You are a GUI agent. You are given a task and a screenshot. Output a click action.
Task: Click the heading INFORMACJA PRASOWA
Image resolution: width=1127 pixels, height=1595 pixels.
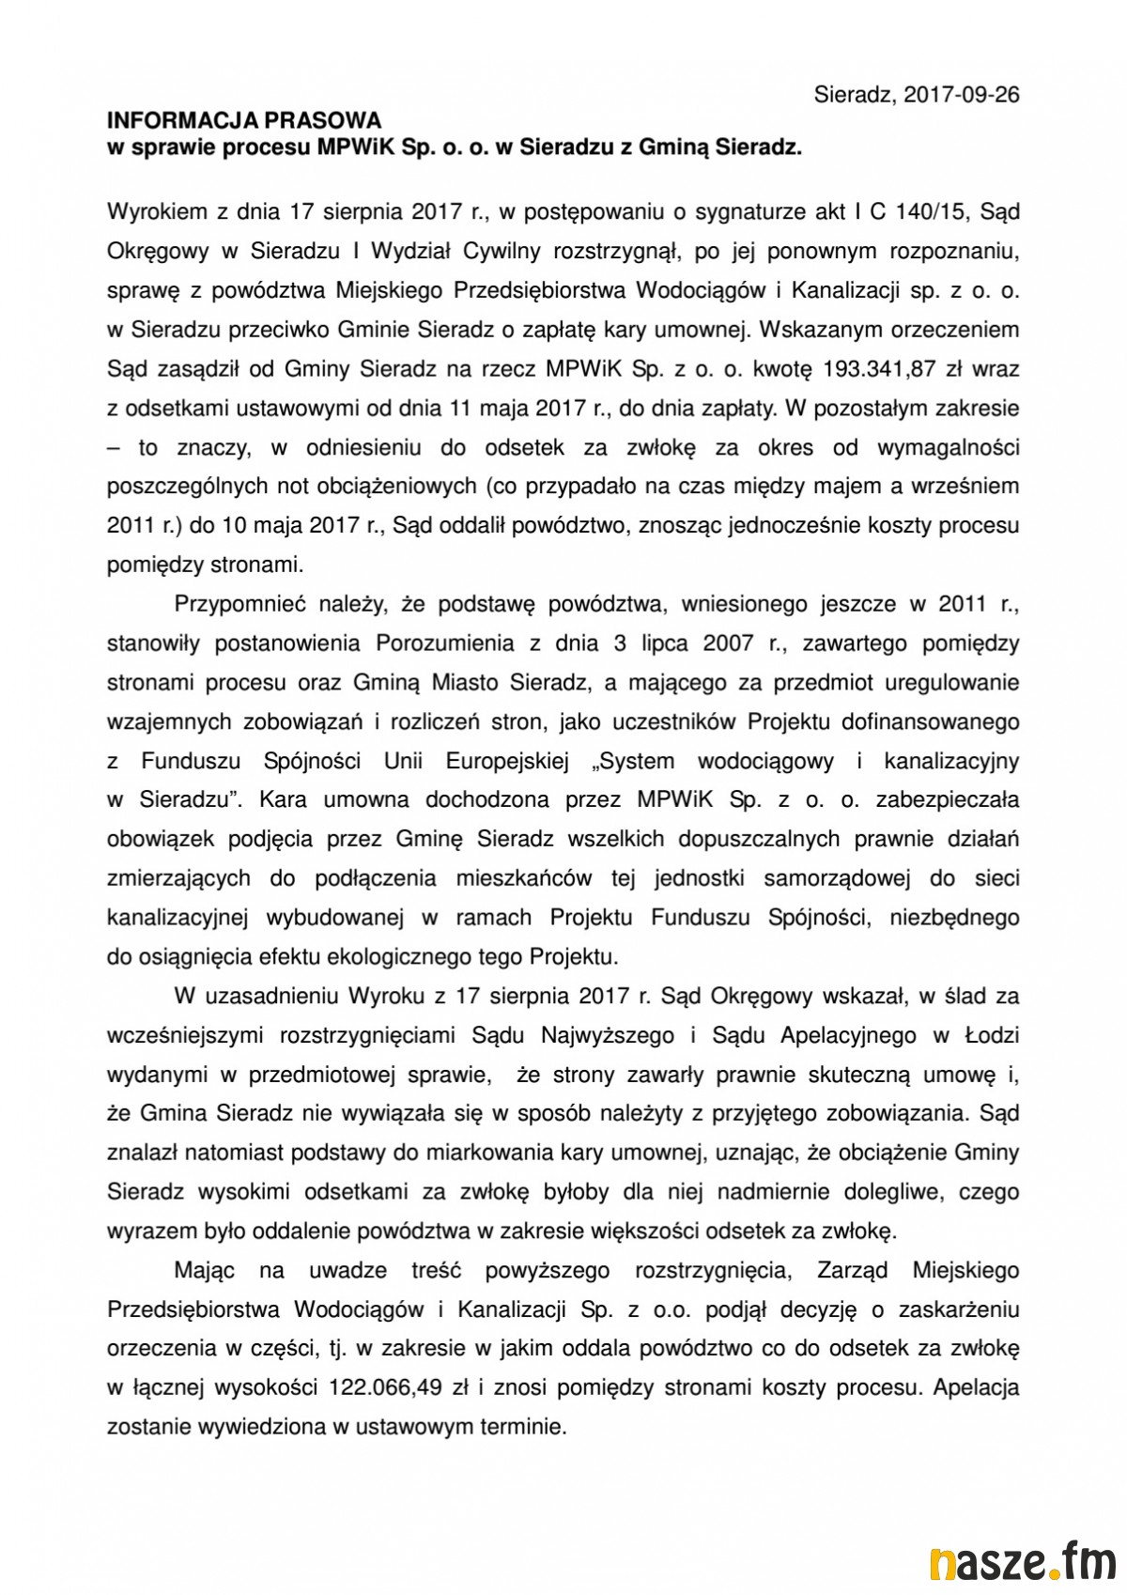(245, 120)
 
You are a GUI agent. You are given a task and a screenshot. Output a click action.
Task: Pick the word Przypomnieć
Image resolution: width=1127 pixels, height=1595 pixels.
(235, 605)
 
